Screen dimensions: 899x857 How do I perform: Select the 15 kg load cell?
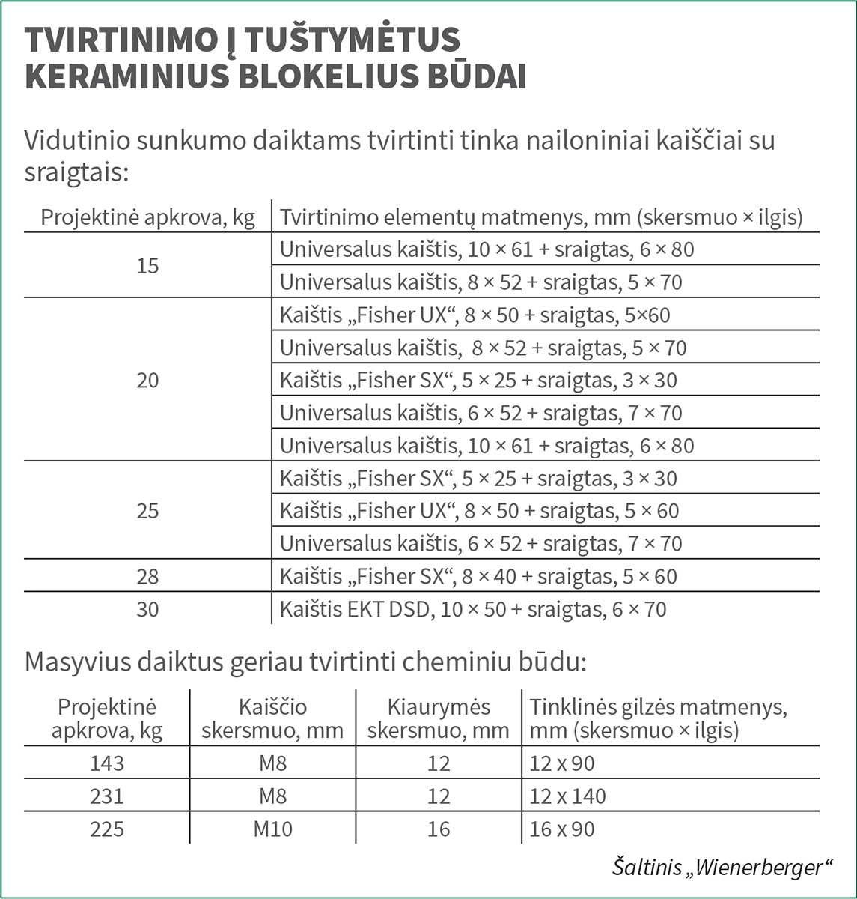(148, 266)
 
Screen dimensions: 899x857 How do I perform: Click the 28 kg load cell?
(148, 576)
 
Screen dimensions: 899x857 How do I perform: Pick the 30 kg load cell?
(148, 609)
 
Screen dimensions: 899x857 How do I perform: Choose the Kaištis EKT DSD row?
(472, 609)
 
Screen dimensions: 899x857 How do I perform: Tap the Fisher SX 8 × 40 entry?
(478, 576)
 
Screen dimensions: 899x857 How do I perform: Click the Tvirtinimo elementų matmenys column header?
(540, 217)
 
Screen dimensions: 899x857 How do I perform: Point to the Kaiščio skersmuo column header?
(272, 718)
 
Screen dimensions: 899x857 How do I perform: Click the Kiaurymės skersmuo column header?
(439, 718)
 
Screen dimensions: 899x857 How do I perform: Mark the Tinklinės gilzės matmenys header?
(658, 718)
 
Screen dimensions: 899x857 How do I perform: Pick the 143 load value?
(107, 763)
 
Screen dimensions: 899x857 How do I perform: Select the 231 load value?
(107, 796)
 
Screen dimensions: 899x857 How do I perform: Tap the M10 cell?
(272, 829)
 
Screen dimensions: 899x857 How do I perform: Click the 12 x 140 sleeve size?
(567, 796)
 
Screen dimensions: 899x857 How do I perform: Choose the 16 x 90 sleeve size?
(561, 829)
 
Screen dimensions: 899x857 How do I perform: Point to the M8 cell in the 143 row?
(272, 763)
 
